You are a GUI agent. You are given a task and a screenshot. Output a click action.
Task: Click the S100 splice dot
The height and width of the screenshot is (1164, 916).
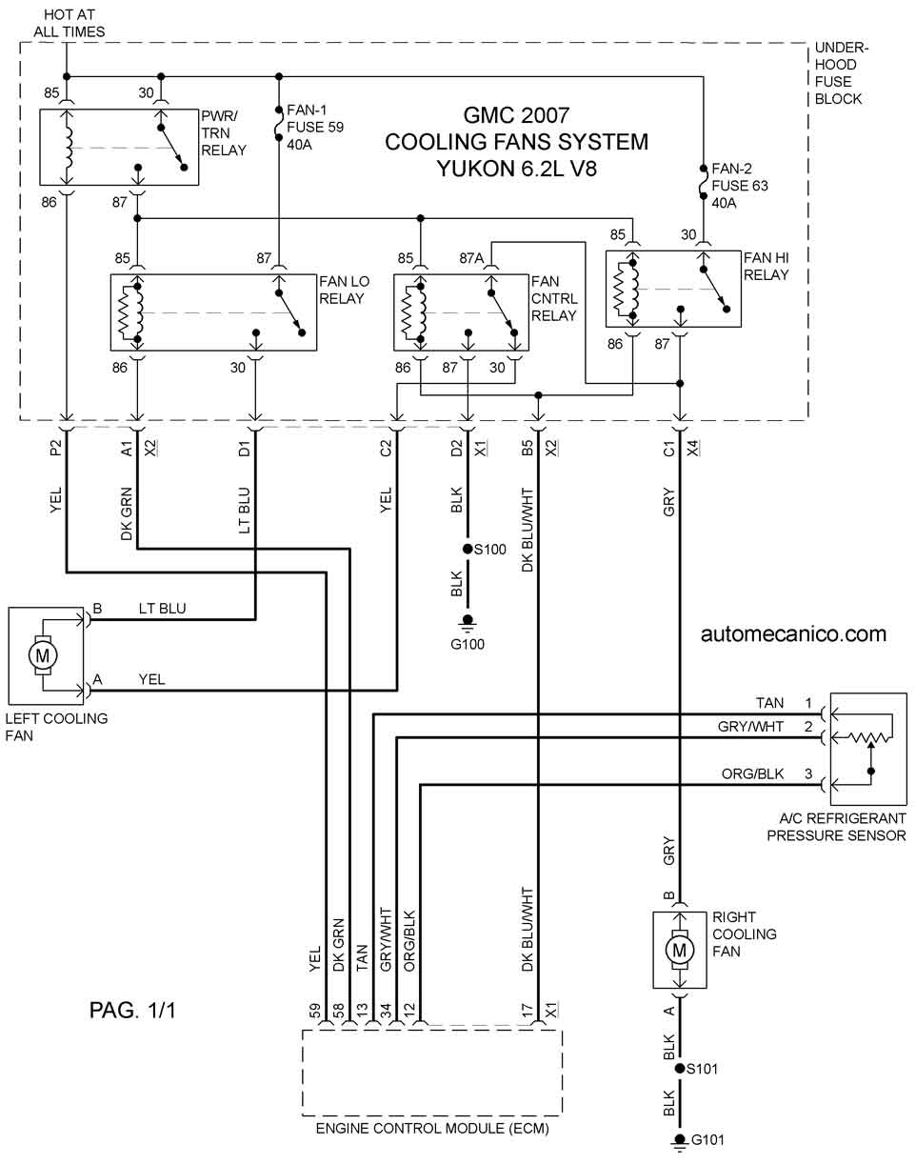click(x=468, y=549)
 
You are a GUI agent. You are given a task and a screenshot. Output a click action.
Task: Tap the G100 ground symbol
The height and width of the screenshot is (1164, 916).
click(x=468, y=624)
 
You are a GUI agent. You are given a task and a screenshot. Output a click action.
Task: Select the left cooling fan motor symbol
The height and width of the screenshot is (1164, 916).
click(x=42, y=655)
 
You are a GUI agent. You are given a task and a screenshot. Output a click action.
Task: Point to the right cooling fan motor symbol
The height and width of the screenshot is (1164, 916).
click(x=680, y=950)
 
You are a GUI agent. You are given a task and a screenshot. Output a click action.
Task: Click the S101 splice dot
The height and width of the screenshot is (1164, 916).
click(x=680, y=1068)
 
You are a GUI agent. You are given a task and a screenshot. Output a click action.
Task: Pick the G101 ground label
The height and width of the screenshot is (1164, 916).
click(x=707, y=1139)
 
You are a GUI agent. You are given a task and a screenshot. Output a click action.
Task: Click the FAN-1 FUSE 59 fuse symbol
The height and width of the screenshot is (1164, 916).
click(x=279, y=124)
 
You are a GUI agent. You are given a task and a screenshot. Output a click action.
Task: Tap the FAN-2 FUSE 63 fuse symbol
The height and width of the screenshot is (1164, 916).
click(x=704, y=182)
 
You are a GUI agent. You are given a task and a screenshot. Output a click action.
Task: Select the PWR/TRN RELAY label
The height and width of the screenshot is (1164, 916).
click(x=224, y=133)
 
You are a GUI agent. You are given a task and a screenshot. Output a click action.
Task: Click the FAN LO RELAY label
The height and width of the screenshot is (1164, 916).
click(x=344, y=290)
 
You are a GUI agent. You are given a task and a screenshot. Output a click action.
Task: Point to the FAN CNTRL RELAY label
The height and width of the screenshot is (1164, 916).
click(x=554, y=298)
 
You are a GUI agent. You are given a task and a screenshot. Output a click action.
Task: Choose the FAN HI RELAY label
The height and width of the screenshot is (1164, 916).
click(x=766, y=266)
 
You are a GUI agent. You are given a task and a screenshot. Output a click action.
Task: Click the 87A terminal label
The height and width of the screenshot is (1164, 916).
click(x=471, y=258)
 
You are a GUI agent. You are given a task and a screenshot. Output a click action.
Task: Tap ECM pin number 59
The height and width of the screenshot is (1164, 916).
click(x=315, y=1011)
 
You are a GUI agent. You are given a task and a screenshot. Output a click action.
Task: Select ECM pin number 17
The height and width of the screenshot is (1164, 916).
click(x=528, y=1011)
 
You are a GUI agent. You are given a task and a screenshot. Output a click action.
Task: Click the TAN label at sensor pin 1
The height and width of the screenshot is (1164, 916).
click(x=769, y=703)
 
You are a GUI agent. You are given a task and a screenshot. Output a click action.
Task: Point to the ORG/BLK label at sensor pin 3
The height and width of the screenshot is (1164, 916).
click(x=752, y=774)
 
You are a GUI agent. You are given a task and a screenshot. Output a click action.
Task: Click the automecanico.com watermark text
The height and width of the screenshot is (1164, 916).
click(x=793, y=634)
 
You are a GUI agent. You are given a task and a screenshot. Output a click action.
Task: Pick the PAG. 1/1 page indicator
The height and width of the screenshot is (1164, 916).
click(x=132, y=1010)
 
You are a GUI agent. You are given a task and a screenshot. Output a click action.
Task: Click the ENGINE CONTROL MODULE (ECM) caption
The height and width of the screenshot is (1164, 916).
click(x=432, y=1129)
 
